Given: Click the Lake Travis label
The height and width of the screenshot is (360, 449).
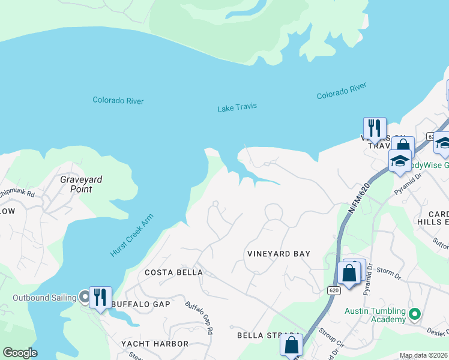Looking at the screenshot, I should tap(237, 107).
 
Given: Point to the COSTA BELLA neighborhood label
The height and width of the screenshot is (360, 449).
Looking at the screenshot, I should tap(174, 272).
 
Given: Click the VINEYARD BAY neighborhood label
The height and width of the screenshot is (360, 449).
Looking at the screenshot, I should tap(279, 254).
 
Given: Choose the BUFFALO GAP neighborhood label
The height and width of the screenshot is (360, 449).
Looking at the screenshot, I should tap(141, 304).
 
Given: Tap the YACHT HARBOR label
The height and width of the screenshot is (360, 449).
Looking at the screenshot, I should tap(154, 344).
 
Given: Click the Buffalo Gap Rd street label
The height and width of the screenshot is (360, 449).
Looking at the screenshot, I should tap(199, 317).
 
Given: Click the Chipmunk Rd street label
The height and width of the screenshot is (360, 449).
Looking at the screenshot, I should tap(18, 193).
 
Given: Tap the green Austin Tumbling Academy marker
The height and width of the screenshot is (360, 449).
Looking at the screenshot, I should tap(414, 314).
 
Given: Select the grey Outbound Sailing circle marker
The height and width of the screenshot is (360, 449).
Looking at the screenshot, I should tap(85, 296).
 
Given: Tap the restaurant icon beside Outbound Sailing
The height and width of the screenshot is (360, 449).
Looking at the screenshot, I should tap(100, 296).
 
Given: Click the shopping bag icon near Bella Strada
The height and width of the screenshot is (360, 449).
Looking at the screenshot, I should tap(291, 345).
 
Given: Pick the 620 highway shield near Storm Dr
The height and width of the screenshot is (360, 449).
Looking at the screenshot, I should tap(334, 290).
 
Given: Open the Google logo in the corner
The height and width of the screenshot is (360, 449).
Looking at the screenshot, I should tap(20, 353).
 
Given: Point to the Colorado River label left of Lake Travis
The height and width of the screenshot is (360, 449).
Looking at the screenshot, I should tap(118, 100).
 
